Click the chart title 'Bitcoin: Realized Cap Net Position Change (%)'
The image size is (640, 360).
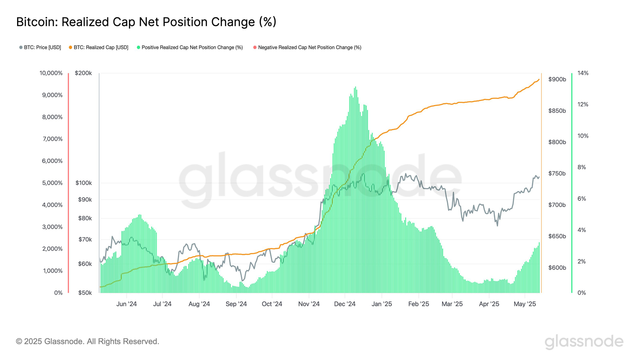pyautogui.click(x=146, y=22)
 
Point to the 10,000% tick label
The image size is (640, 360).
pyautogui.click(x=51, y=73)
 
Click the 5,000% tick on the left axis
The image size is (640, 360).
pyautogui.click(x=52, y=183)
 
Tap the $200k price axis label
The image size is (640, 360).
pyautogui.click(x=83, y=73)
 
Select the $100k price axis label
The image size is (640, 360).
pyautogui.click(x=84, y=183)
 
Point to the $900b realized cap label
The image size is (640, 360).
pyautogui.click(x=557, y=79)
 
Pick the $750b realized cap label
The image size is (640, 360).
pyautogui.click(x=557, y=174)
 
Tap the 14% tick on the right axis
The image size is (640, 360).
pyautogui.click(x=583, y=73)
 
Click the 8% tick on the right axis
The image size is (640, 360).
pyautogui.click(x=582, y=167)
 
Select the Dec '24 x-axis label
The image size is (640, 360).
pyautogui.click(x=345, y=304)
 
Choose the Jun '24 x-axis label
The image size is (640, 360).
pyautogui.click(x=127, y=304)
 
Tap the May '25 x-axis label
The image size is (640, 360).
pyautogui.click(x=525, y=304)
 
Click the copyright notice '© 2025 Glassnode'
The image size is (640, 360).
pyautogui.click(x=87, y=341)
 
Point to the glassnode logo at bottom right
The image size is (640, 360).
pyautogui.click(x=584, y=342)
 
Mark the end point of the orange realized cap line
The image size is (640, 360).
pyautogui.click(x=539, y=79)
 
